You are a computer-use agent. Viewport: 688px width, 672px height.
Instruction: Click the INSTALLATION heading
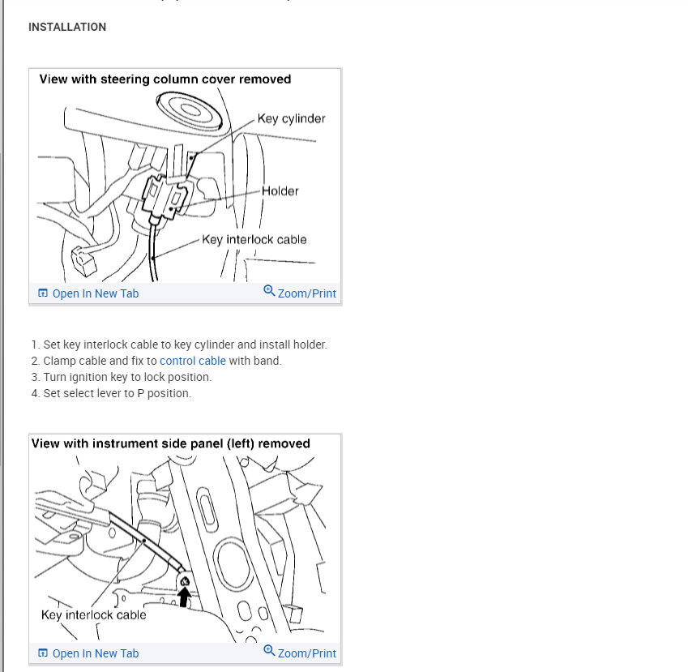[x=67, y=27]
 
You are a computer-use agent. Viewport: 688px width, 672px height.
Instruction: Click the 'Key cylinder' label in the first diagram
[x=291, y=118]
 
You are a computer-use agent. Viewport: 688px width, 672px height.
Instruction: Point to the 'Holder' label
[x=280, y=191]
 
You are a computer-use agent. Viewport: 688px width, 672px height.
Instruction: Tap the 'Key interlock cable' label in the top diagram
[x=254, y=239]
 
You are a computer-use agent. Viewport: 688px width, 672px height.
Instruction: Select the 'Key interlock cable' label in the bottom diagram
[x=93, y=614]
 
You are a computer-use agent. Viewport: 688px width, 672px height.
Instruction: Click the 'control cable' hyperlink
[x=193, y=361]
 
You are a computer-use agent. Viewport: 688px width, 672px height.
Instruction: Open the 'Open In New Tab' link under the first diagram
[x=95, y=293]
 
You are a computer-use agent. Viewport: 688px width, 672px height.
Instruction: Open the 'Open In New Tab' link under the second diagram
[x=95, y=653]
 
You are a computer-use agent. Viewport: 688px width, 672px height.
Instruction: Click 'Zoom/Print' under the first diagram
[x=306, y=293]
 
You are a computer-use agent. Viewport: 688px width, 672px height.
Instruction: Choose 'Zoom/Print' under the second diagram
[x=306, y=653]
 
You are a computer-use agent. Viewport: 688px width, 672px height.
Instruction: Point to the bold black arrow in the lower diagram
[x=186, y=597]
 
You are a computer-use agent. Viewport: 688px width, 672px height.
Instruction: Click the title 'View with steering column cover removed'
[x=165, y=79]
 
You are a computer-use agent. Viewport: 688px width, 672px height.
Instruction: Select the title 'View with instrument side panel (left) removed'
[x=171, y=443]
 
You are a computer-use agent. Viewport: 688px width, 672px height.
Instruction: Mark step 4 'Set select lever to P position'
[x=117, y=393]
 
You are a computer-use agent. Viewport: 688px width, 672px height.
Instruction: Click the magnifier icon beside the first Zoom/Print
[x=269, y=291]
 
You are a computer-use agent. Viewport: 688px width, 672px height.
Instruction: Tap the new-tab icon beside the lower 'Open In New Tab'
[x=43, y=653]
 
